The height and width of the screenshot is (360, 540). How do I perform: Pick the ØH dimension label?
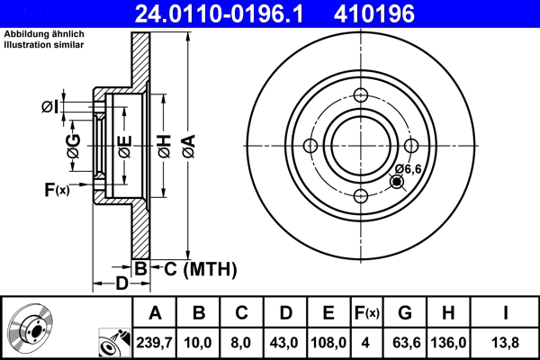(164, 146)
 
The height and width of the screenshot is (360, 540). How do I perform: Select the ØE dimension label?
(124, 146)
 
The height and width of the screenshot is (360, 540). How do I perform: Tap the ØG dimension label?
(73, 146)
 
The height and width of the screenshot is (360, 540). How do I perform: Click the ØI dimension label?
(50, 108)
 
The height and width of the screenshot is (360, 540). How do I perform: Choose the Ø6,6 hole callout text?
(408, 168)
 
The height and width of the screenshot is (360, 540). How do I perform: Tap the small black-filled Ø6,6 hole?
(397, 183)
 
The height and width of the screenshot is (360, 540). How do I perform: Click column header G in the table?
(404, 313)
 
